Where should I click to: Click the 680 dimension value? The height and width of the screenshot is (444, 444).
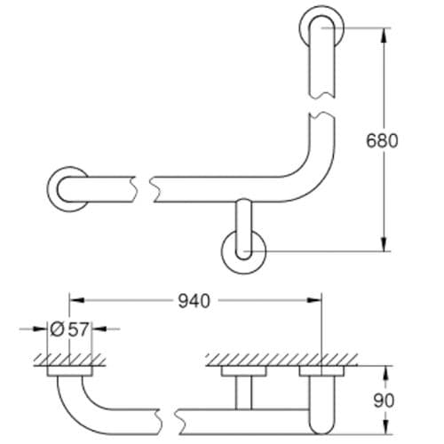(385, 140)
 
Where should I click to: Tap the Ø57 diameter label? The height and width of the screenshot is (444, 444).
(68, 329)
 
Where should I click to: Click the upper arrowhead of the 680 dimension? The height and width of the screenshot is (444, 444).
(385, 34)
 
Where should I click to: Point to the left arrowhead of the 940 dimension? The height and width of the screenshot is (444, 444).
(75, 301)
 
